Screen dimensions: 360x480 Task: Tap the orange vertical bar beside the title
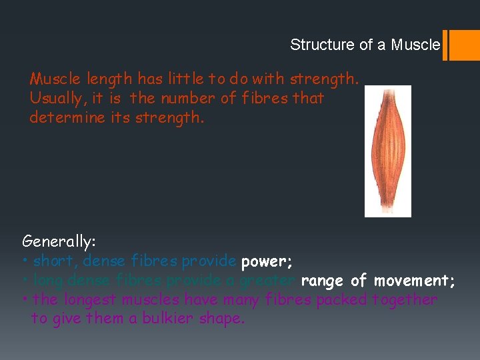[445, 45]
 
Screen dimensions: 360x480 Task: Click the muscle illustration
[387, 151]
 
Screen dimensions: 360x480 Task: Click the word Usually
[57, 99]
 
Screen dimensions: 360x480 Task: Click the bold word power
[265, 260]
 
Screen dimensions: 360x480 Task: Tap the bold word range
[323, 281]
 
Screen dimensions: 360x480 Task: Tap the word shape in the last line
[223, 319]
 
